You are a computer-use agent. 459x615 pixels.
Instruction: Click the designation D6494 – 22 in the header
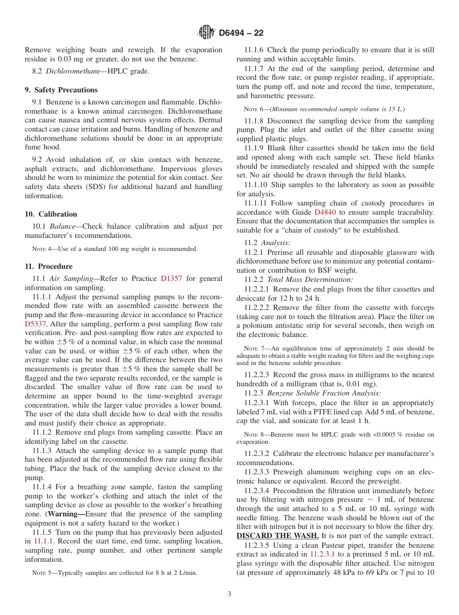(x=241, y=33)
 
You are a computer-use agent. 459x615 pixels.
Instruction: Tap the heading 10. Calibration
(x=51, y=214)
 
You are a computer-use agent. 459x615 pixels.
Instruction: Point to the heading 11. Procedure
(x=48, y=266)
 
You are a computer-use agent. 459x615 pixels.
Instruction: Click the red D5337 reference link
(x=36, y=324)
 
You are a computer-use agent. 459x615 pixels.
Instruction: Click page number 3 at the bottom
(x=229, y=594)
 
